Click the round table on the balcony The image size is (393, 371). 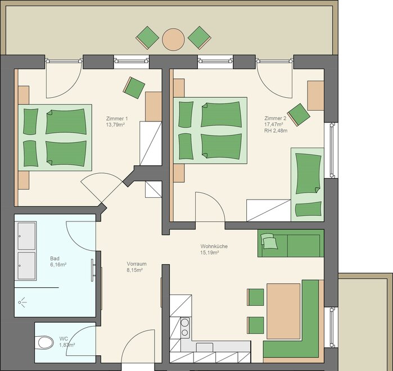[173, 39]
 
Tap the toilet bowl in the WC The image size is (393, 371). [45, 342]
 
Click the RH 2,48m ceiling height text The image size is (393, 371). [275, 130]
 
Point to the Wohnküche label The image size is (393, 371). [214, 246]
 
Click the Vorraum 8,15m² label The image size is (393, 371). [137, 267]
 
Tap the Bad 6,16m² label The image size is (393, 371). [58, 261]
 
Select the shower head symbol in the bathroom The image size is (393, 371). [22, 302]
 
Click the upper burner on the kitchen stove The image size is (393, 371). [185, 323]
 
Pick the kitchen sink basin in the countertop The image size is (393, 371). [205, 347]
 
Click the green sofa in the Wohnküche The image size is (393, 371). [291, 243]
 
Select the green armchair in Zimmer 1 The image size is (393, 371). [134, 88]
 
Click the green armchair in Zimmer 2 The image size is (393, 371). [299, 115]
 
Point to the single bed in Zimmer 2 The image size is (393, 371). [308, 184]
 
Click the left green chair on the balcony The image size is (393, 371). [147, 38]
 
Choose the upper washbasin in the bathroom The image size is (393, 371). [26, 236]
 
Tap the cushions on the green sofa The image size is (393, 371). [269, 241]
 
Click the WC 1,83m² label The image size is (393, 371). [67, 342]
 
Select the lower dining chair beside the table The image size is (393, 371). [256, 325]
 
